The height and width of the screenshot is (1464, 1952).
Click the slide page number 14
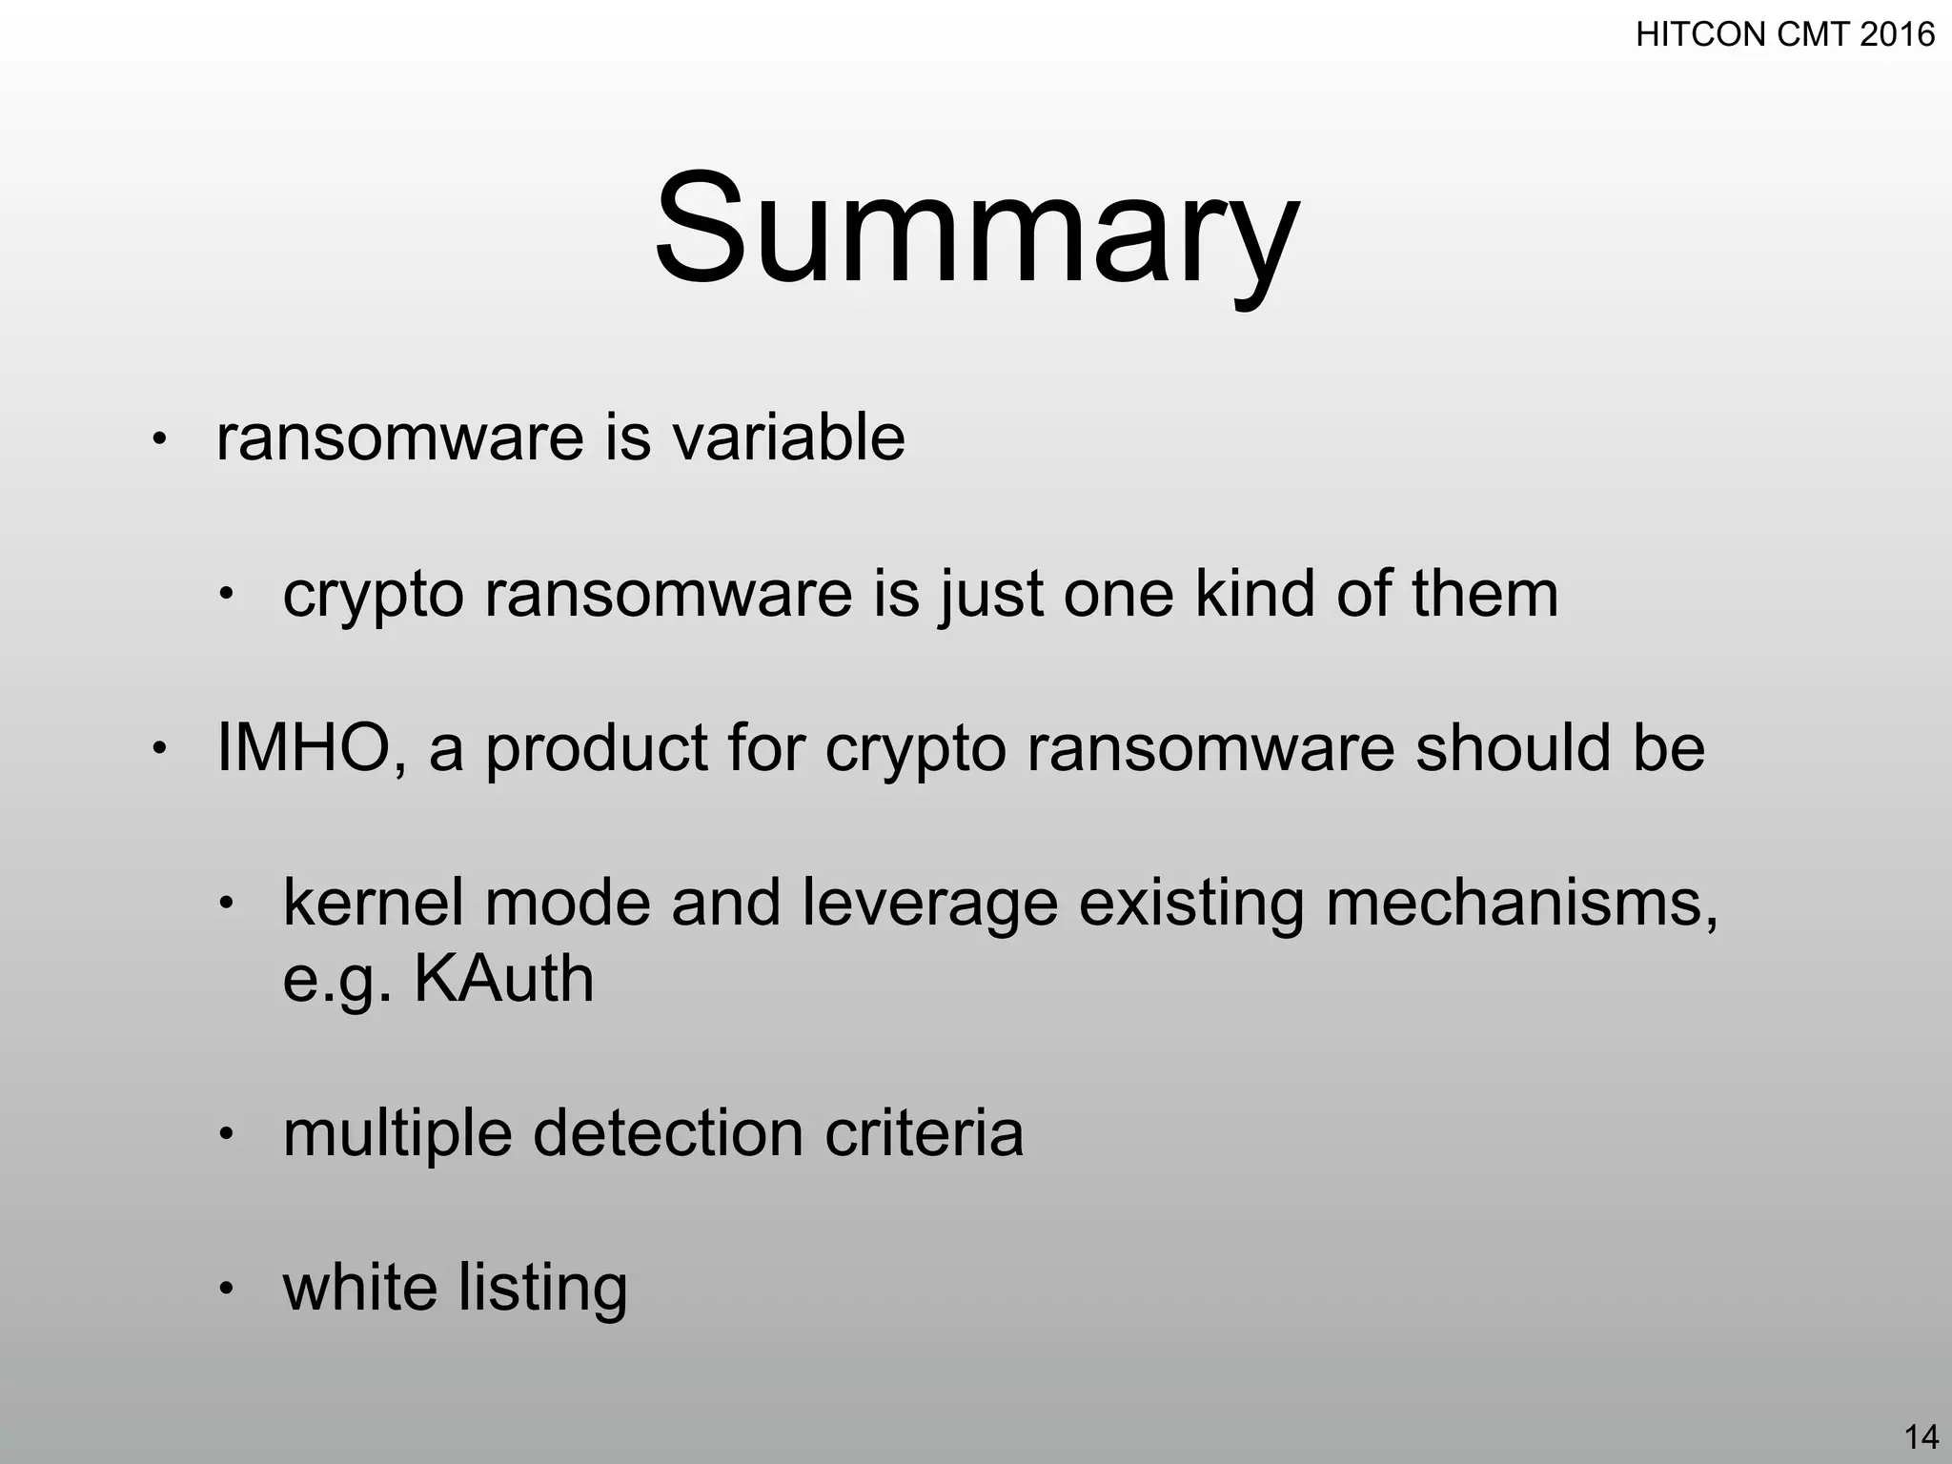tap(1921, 1436)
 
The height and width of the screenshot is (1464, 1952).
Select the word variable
tap(788, 438)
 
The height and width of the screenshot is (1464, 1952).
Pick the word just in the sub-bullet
tap(990, 594)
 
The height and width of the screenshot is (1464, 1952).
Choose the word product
tap(597, 748)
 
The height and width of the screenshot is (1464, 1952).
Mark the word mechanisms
tap(1521, 903)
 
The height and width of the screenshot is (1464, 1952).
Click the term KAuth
tap(503, 979)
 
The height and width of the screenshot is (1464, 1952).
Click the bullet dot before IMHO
tap(159, 749)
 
